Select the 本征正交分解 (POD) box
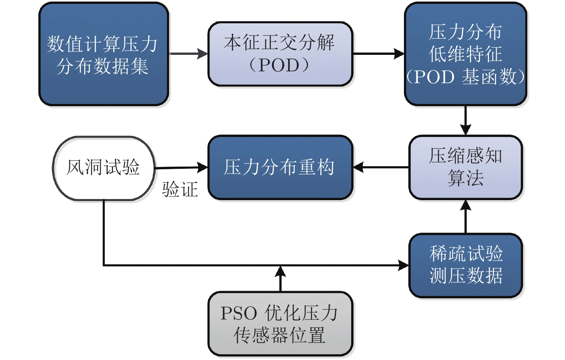(x=280, y=54)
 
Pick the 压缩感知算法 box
(x=465, y=167)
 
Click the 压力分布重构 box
(x=280, y=167)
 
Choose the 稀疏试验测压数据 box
(x=465, y=265)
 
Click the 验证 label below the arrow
(x=180, y=189)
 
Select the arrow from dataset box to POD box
(x=188, y=54)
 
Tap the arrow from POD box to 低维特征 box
(x=378, y=54)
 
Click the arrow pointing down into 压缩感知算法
(x=465, y=120)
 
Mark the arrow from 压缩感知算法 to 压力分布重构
(x=381, y=167)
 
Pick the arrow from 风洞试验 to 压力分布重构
(x=181, y=167)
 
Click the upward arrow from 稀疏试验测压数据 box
(x=465, y=217)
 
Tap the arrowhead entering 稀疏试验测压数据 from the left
(x=404, y=265)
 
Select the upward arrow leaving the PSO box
(x=280, y=279)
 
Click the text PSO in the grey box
(x=239, y=313)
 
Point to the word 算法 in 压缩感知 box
(x=465, y=178)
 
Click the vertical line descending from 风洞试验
(x=104, y=233)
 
